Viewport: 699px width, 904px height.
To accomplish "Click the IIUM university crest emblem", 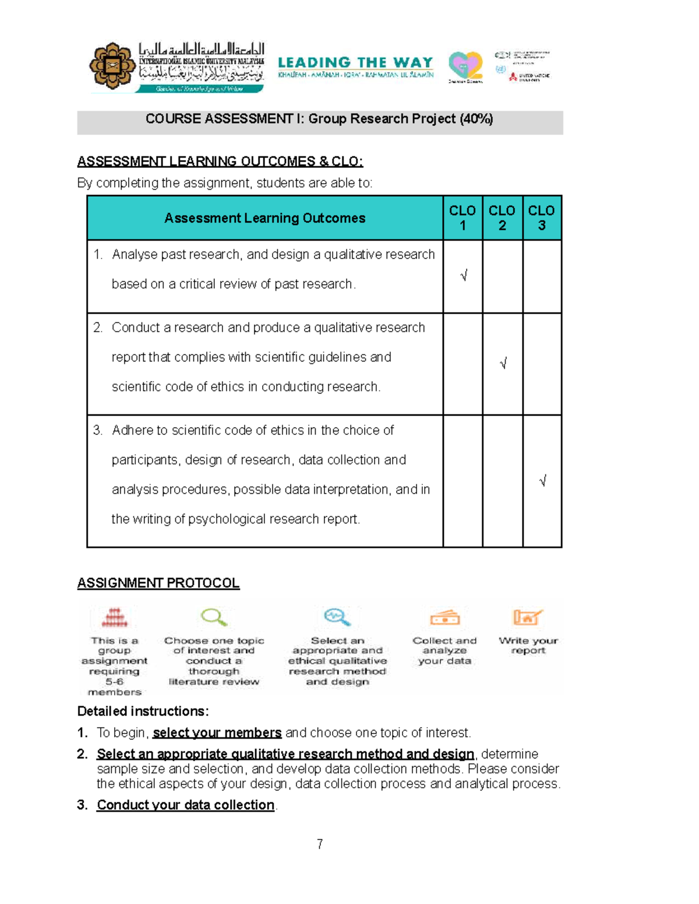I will (112, 66).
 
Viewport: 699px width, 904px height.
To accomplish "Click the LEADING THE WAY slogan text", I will (355, 62).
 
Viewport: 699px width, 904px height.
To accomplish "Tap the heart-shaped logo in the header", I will (465, 65).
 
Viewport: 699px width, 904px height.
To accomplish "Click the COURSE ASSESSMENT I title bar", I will (319, 119).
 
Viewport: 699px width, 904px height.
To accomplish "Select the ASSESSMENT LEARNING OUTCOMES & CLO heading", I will (220, 161).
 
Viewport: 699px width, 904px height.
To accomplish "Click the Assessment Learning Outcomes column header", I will (264, 218).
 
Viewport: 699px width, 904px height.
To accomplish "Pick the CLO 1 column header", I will (463, 218).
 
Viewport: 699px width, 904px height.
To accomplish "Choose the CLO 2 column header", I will (502, 218).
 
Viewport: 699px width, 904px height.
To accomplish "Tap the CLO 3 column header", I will (541, 218).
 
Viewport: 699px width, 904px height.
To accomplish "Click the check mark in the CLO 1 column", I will (464, 276).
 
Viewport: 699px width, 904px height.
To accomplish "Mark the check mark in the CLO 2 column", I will (503, 364).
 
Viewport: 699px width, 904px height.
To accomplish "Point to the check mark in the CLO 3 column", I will (543, 481).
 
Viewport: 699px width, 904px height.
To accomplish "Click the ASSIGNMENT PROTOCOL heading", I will (158, 583).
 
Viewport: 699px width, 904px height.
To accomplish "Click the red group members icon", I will (114, 618).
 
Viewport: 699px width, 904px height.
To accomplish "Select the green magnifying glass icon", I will (214, 617).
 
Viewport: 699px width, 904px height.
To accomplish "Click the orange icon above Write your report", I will (527, 617).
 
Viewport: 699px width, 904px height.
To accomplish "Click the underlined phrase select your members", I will (217, 733).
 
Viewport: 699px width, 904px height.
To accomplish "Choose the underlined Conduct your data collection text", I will (185, 805).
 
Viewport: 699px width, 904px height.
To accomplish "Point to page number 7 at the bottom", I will (320, 844).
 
